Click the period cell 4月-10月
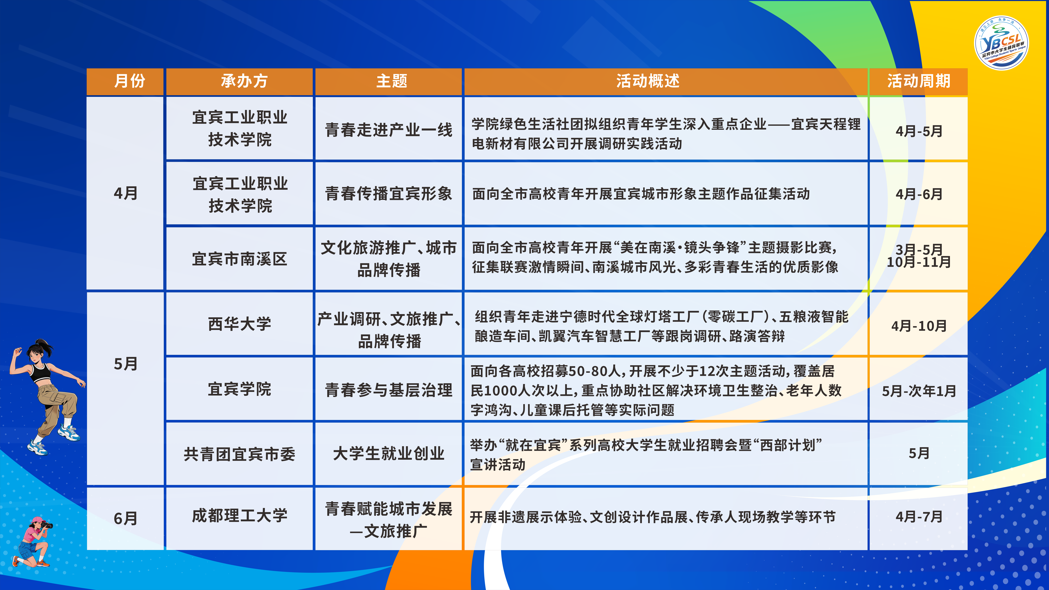919,326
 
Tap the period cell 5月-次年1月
919,391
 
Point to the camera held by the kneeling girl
47,525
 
